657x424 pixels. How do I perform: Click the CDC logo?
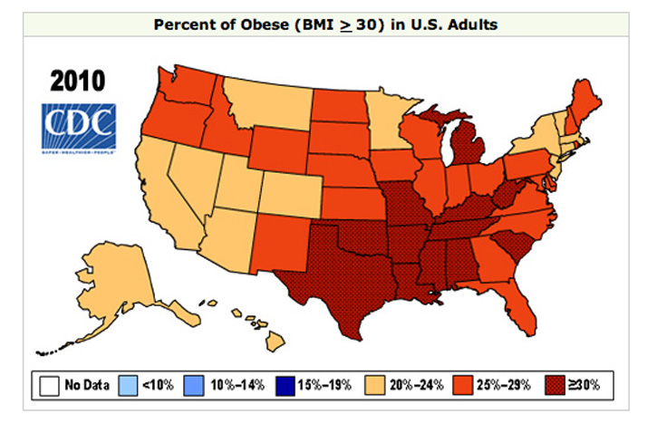(78, 127)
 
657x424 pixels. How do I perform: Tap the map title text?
(327, 24)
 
